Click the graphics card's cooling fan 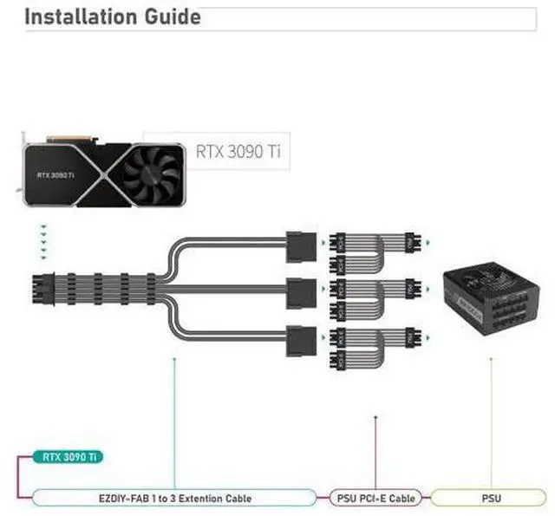pyautogui.click(x=152, y=173)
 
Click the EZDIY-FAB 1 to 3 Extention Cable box pyautogui.click(x=173, y=498)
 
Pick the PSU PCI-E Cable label pyautogui.click(x=375, y=498)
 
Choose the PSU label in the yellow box pyautogui.click(x=491, y=498)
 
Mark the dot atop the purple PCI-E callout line pyautogui.click(x=375, y=417)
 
